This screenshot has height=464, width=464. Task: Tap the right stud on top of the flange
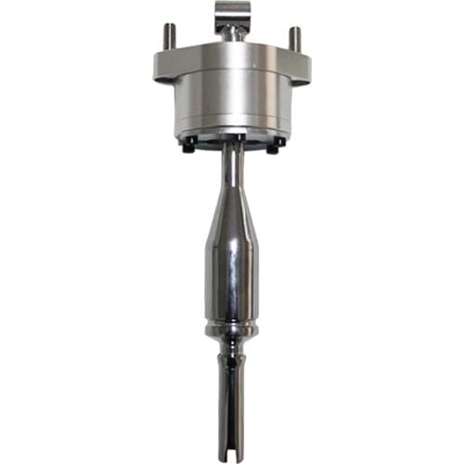coord(294,39)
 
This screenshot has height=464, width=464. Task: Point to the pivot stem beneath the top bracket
coord(232,35)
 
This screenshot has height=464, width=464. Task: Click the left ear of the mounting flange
coord(165,68)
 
